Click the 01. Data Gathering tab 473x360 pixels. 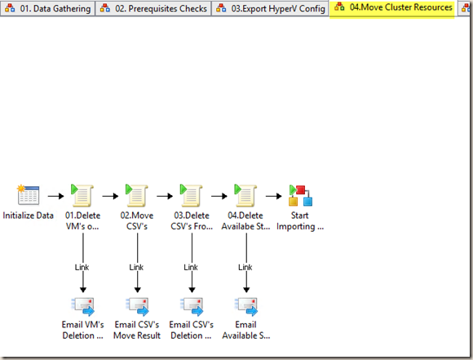click(47, 8)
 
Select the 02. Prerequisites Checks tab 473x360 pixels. click(153, 8)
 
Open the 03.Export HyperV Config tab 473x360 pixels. click(270, 8)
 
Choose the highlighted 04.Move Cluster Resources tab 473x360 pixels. click(392, 8)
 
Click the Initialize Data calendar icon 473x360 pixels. click(29, 195)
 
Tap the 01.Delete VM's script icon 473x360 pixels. click(82, 195)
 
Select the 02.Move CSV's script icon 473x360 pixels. click(137, 195)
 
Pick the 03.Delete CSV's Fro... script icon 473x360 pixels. click(192, 195)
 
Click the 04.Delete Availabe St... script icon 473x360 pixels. click(245, 195)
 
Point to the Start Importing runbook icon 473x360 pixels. click(300, 195)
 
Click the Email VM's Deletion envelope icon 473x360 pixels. click(83, 307)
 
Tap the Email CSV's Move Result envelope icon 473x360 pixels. click(137, 307)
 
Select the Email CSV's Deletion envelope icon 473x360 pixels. click(192, 307)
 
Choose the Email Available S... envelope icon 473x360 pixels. click(246, 307)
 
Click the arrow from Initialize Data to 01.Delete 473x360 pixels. click(55, 196)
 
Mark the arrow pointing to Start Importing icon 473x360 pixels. click(273, 196)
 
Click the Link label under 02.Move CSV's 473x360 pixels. click(136, 267)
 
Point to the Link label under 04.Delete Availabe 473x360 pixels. click(245, 267)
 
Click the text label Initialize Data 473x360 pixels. click(29, 216)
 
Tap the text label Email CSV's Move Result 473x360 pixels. click(137, 330)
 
